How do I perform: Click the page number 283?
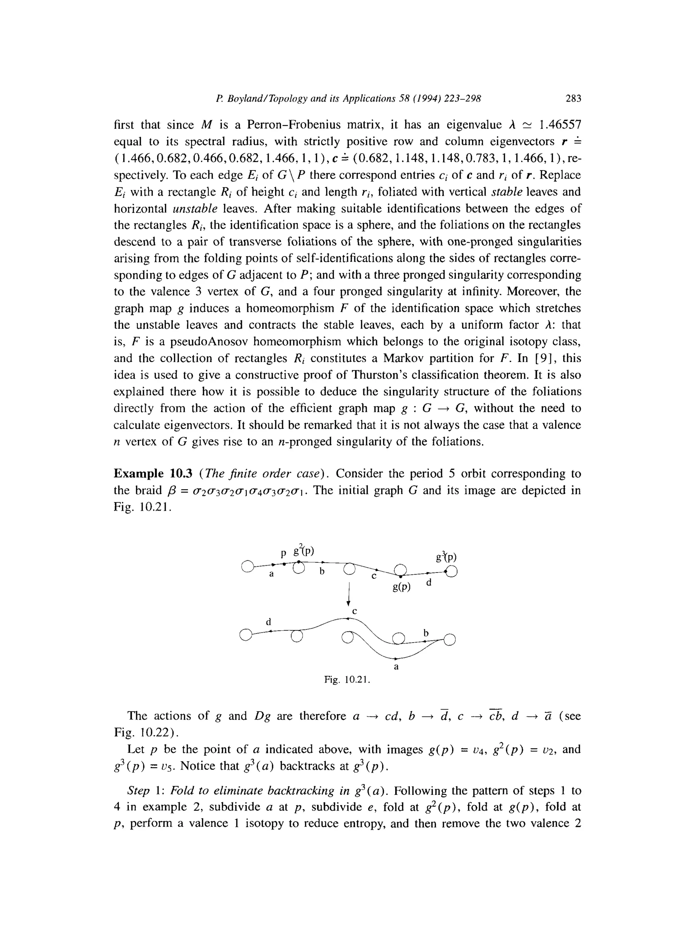click(573, 99)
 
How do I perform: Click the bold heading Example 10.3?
click(150, 473)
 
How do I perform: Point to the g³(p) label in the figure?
click(447, 557)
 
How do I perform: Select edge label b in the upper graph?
click(322, 572)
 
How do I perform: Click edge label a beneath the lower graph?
click(396, 667)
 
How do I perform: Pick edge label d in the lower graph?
click(268, 622)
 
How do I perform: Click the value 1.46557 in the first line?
click(559, 125)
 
